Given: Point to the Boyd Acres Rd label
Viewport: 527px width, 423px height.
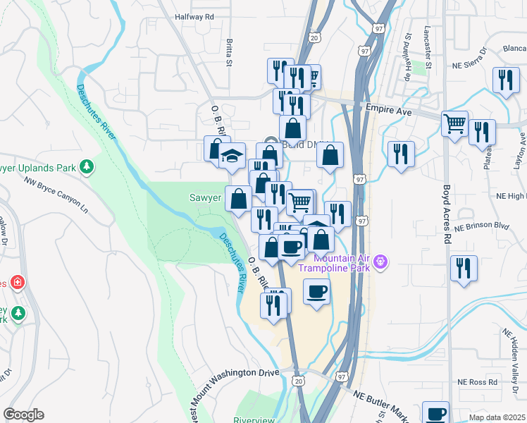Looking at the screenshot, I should (x=446, y=215).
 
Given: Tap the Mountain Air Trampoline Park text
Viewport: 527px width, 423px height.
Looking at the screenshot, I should (x=334, y=262).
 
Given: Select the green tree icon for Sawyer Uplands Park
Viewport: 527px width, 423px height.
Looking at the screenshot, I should (x=87, y=166).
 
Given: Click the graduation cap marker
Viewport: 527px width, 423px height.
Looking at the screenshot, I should (x=231, y=156).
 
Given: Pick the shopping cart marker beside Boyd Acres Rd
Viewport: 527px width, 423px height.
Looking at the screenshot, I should (x=455, y=123).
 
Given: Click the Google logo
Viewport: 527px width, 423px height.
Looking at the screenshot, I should (x=23, y=415).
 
